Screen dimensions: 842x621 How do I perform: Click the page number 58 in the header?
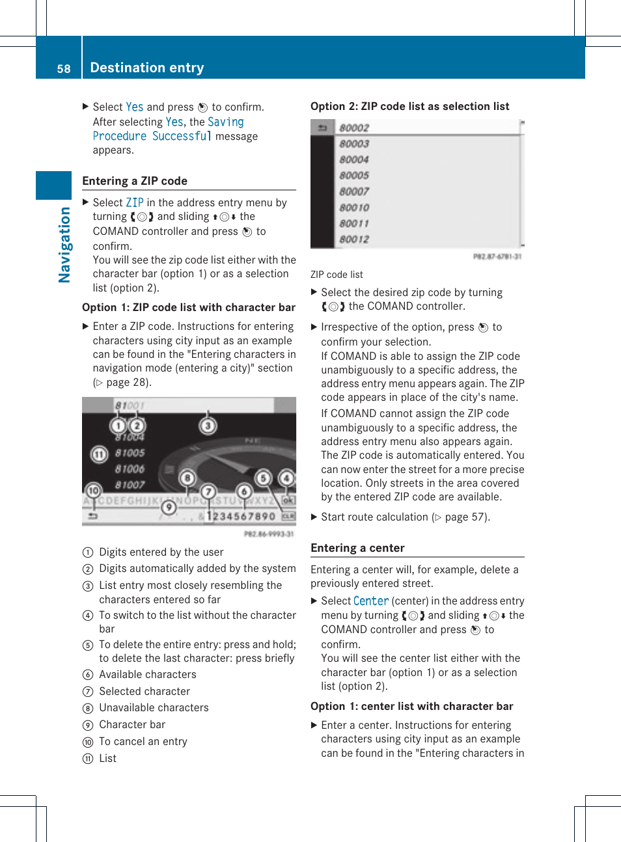[x=63, y=68]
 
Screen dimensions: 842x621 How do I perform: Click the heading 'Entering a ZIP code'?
[x=135, y=181]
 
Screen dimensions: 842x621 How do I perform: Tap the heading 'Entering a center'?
[x=357, y=548]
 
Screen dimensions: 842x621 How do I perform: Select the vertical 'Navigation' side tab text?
[x=64, y=245]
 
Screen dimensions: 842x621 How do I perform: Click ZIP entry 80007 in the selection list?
[x=354, y=191]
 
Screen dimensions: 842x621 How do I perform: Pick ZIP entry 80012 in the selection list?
[x=354, y=239]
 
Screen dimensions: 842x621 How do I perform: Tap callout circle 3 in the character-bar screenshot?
[x=208, y=426]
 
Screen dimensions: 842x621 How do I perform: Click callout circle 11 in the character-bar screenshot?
[x=99, y=454]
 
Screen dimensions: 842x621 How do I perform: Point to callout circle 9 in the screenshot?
[x=169, y=507]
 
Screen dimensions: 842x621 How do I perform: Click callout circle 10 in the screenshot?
[x=93, y=490]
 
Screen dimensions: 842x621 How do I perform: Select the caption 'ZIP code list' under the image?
[x=337, y=275]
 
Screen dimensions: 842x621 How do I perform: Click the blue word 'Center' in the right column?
[x=371, y=601]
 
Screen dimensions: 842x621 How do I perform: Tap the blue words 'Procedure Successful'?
[x=152, y=136]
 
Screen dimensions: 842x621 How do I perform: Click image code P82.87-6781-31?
[x=497, y=256]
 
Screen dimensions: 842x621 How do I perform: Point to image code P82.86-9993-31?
[x=269, y=534]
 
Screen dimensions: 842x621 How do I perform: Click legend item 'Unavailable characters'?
[x=154, y=708]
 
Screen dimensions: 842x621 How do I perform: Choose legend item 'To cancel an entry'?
[x=143, y=742]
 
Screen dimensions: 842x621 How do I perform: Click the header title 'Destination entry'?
[x=147, y=68]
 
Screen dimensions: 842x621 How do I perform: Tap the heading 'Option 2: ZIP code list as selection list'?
[x=409, y=106]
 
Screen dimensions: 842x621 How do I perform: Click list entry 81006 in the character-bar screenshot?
[x=130, y=469]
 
